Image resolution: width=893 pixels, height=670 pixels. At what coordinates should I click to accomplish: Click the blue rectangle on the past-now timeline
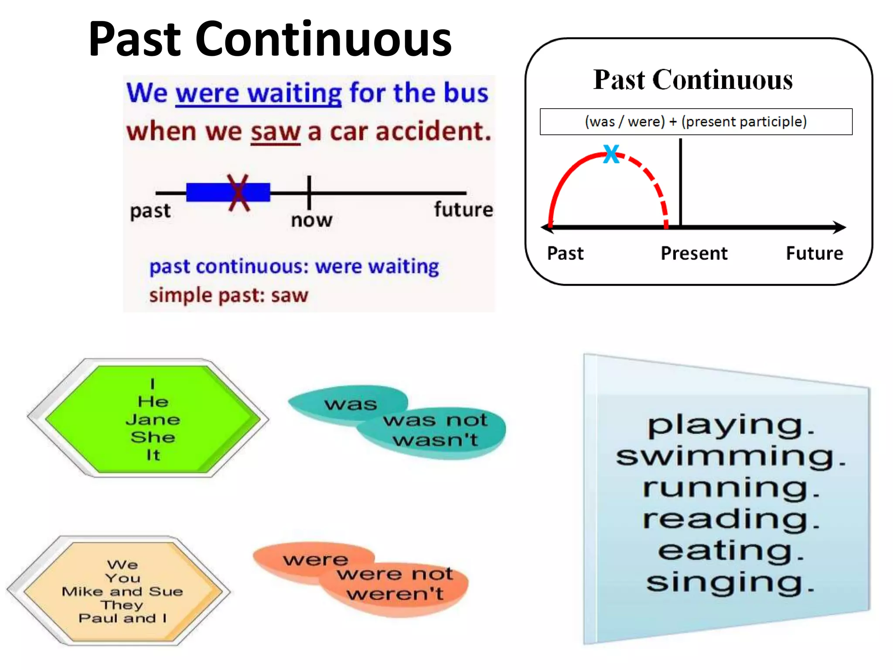pos(205,192)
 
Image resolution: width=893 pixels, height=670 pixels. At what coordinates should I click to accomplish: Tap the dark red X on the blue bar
pos(239,192)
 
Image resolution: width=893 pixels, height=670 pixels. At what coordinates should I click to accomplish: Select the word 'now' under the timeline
pos(311,220)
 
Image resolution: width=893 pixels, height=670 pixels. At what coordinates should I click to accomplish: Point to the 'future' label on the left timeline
pos(463,210)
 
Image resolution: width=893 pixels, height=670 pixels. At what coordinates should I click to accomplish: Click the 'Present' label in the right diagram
pos(694,253)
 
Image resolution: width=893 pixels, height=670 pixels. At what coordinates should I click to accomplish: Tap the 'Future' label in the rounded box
pos(814,253)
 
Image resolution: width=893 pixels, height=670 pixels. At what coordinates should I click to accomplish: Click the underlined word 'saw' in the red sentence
pos(276,132)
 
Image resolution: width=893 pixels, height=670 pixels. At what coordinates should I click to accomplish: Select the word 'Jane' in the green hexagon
pos(153,420)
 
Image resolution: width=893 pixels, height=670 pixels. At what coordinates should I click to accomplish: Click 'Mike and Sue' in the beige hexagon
pos(122,591)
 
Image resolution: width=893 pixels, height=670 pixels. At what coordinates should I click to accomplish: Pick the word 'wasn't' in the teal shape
pos(436,440)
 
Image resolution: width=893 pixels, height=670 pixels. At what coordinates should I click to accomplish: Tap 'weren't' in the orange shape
pos(395,594)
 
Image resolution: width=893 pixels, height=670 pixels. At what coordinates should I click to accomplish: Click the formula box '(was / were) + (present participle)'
pos(696,122)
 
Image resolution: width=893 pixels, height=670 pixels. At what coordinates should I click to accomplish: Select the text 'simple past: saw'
pos(228,296)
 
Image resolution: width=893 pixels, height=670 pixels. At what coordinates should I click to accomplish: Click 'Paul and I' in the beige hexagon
pos(123,618)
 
